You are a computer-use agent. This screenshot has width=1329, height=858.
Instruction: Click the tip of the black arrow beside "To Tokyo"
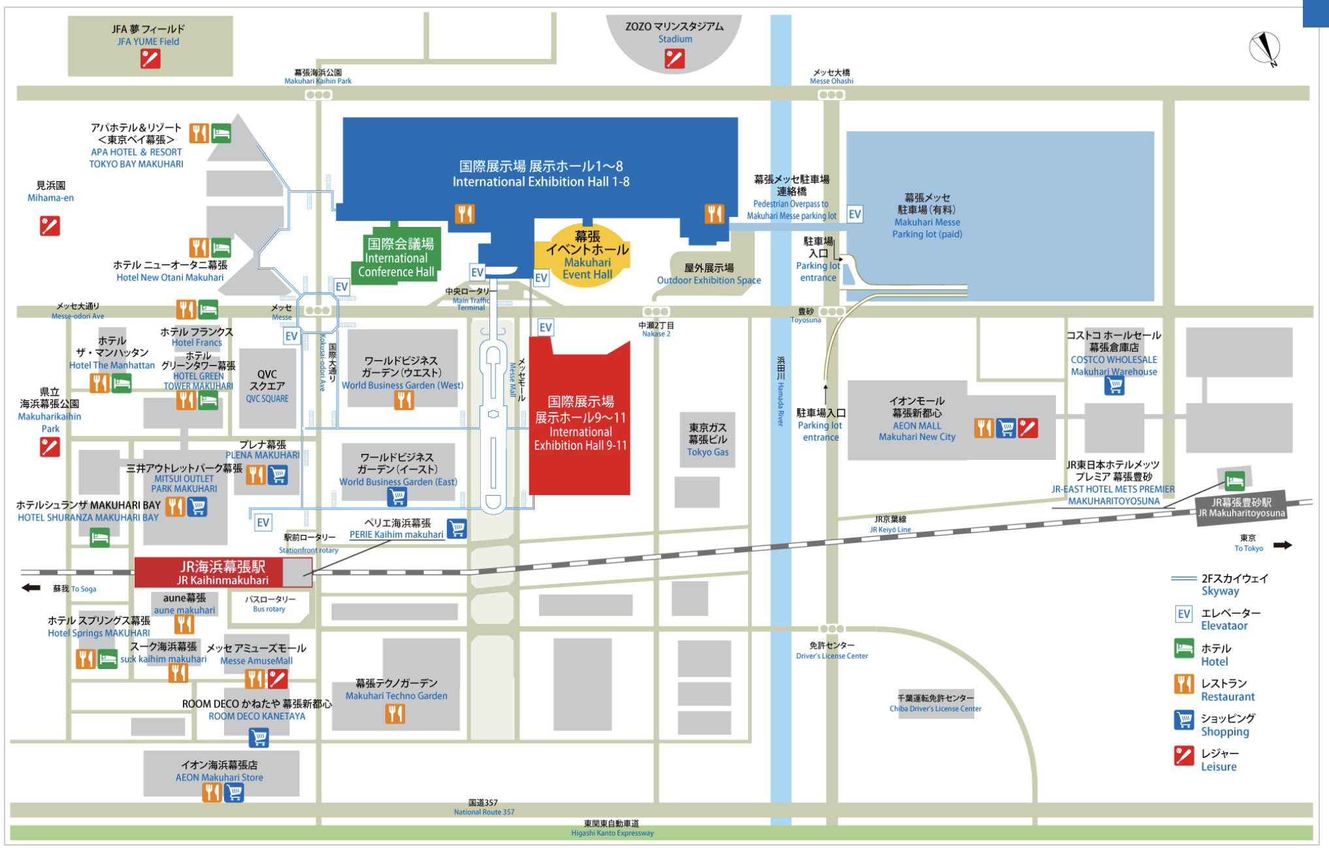(x=1292, y=545)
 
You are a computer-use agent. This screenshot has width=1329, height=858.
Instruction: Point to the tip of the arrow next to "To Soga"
(x=22, y=588)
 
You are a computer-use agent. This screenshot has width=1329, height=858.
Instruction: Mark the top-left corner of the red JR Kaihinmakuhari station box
(x=135, y=558)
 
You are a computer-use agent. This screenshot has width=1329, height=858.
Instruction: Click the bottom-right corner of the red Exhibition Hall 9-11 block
(x=630, y=494)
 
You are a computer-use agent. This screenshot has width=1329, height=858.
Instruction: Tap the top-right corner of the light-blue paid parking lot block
(x=1154, y=132)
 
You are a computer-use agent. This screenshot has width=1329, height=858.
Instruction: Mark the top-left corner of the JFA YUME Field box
(x=69, y=17)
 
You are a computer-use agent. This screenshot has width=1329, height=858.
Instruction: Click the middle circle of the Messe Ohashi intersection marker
(x=831, y=95)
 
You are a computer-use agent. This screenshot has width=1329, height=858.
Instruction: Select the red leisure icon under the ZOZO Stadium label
(x=674, y=59)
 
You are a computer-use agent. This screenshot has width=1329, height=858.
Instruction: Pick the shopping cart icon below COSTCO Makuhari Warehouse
(x=1114, y=386)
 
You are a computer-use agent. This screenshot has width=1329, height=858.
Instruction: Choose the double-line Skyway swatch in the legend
(x=1183, y=579)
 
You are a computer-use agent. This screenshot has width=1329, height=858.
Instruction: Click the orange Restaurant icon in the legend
(x=1184, y=684)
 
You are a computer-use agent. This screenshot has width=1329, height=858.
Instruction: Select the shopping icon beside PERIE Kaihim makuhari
(x=457, y=528)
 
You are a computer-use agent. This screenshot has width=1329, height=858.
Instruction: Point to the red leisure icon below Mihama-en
(x=50, y=226)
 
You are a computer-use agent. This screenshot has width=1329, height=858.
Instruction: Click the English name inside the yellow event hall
(x=587, y=268)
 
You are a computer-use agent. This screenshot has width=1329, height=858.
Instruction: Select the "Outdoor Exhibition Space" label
(x=709, y=281)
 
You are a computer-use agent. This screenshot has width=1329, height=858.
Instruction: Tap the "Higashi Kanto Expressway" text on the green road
(x=612, y=833)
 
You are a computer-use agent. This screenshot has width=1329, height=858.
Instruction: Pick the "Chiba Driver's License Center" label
(x=935, y=709)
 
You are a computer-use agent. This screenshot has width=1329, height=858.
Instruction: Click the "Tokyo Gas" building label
(x=708, y=452)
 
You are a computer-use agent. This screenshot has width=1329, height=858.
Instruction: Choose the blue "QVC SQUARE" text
(x=267, y=398)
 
